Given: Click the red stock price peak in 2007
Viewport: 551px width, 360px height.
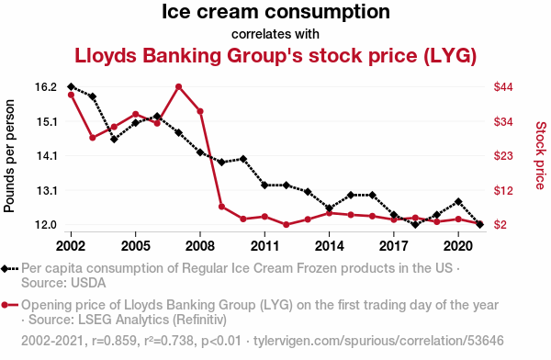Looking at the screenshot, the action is coord(178,87).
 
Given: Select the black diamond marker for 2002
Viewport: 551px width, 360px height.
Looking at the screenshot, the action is coord(71,86).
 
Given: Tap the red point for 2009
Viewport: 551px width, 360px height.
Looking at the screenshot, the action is coord(221,207).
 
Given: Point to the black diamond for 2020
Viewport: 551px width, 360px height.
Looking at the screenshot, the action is coord(458,201).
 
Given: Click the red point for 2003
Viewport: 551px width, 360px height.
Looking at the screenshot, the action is coord(93,138).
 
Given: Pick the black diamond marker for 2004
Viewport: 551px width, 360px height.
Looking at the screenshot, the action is coord(114,140).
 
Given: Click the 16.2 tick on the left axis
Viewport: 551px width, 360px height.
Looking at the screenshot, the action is coord(46,87).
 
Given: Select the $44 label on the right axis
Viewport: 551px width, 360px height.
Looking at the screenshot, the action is coord(503,87).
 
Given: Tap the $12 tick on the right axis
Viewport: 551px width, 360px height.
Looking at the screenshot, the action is coord(503,190).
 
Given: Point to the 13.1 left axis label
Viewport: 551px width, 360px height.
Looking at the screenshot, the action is coord(46,190).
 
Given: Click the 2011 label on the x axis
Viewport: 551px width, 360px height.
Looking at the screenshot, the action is coord(264,246).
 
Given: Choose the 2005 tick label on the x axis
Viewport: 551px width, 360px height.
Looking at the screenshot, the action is coord(136,246).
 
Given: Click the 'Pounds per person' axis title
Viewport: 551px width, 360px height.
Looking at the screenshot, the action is coord(9,156).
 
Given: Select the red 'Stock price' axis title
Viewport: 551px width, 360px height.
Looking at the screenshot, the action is coord(541,155).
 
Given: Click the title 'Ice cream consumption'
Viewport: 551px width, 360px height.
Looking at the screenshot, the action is coord(275,12).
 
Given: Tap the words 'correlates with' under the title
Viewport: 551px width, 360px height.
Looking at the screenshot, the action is coord(275,34).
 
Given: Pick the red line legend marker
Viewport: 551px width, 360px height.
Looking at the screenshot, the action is coord(9,305).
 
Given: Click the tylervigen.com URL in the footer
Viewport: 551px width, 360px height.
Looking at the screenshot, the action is coord(378,341).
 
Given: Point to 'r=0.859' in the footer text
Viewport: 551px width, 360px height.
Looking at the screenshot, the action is coord(114,341).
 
